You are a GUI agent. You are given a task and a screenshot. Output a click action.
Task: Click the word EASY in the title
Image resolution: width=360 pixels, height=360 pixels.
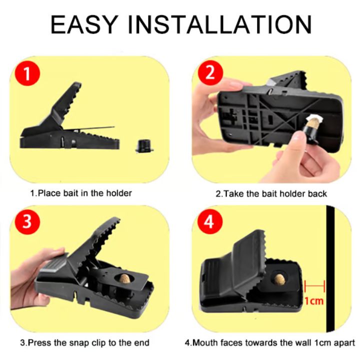(x=84, y=24)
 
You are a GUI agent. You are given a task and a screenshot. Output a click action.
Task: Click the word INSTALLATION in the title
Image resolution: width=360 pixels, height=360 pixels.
(x=219, y=24)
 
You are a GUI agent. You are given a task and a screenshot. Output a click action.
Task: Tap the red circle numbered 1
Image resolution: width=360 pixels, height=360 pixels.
(x=27, y=73)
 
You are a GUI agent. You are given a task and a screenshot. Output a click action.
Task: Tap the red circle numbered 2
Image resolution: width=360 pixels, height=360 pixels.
(x=210, y=73)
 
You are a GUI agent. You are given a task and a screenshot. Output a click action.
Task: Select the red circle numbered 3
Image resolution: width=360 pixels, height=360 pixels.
(x=27, y=222)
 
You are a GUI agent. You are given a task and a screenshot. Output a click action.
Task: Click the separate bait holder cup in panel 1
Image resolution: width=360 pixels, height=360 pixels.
(x=144, y=145)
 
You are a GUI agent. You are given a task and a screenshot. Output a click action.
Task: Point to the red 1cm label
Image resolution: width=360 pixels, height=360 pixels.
(x=314, y=300)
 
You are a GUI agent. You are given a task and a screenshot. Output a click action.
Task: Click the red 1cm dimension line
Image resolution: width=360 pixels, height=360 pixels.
(x=314, y=286)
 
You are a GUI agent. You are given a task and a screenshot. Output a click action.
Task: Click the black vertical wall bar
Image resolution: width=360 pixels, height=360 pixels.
(x=330, y=268)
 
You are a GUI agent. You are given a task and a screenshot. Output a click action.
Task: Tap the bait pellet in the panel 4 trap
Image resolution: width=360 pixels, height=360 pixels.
(x=279, y=278)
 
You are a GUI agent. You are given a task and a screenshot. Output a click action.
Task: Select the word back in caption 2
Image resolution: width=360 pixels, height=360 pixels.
(x=317, y=194)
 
